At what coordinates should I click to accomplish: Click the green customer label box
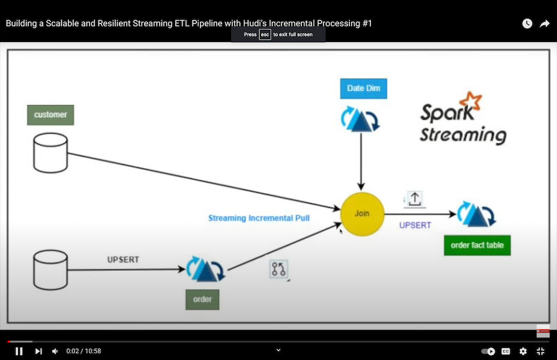(x=50, y=115)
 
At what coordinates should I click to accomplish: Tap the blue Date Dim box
(x=364, y=88)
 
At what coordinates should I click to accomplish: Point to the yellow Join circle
(x=362, y=214)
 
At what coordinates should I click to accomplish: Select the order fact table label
(x=477, y=245)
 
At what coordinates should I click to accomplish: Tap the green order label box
(x=202, y=299)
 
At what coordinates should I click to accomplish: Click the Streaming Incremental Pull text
(x=259, y=218)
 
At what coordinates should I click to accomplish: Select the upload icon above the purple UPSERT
(x=415, y=199)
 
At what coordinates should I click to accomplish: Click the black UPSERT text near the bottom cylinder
(x=123, y=260)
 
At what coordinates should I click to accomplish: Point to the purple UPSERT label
(x=415, y=226)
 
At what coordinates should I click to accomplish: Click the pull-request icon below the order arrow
(x=278, y=269)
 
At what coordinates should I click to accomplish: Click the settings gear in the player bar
(x=523, y=351)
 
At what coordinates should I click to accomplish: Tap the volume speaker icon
(x=55, y=351)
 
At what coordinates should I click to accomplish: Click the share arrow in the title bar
(x=544, y=23)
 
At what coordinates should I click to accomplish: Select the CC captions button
(x=506, y=351)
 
